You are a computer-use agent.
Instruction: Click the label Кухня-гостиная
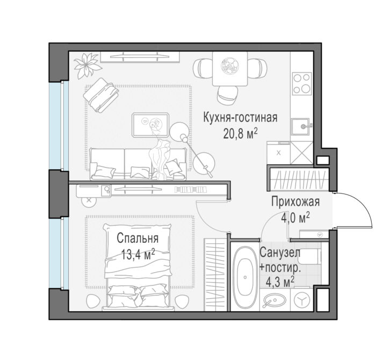coord(240,118)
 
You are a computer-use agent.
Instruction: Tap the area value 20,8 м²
coord(240,134)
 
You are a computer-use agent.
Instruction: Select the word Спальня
coord(138,239)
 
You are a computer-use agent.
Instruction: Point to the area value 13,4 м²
coord(138,255)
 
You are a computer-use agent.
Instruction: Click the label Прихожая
coord(295,201)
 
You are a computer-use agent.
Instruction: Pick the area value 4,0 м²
coord(295,218)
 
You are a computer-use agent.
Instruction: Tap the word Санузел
coord(280,253)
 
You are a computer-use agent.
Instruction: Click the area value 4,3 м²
coord(280,282)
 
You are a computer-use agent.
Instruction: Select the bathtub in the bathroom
coord(245,277)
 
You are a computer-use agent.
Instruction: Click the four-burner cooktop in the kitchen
coord(301,84)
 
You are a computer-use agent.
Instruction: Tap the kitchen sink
coord(301,126)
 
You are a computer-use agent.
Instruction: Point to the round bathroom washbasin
coord(272,300)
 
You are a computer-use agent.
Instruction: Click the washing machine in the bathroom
coord(301,300)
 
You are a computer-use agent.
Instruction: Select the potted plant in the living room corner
coord(87,65)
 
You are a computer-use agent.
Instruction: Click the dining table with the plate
coord(230,69)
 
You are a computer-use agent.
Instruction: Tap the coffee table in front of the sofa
coord(150,125)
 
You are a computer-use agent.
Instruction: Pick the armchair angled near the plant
coord(101,95)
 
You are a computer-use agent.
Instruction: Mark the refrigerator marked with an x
coord(278,153)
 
